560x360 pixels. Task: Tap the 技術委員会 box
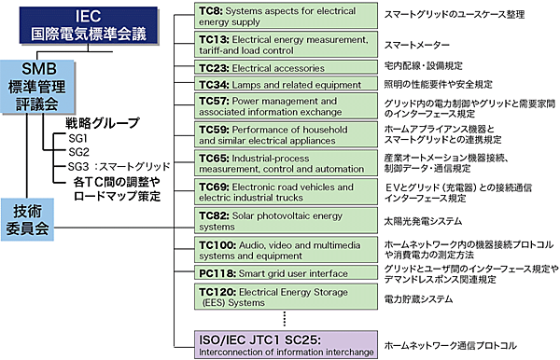click(x=26, y=218)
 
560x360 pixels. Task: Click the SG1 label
click(x=78, y=138)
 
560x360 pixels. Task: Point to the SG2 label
click(x=78, y=152)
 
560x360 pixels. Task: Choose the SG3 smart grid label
click(x=116, y=166)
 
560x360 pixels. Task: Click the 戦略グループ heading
click(x=102, y=123)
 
